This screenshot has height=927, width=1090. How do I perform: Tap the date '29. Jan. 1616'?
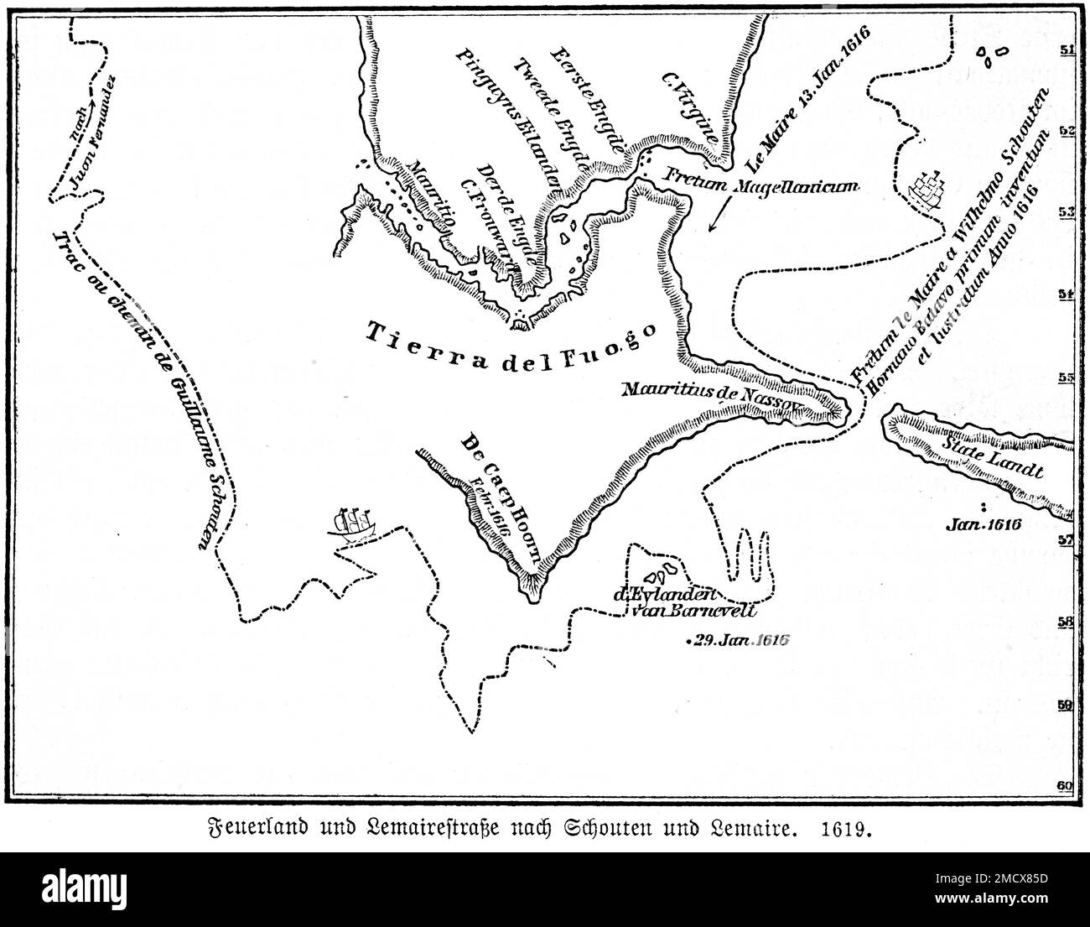738,641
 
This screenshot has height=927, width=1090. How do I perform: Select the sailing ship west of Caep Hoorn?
354,526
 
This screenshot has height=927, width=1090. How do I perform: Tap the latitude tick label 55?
1067,378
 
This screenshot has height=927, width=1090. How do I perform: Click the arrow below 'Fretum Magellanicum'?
714,220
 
